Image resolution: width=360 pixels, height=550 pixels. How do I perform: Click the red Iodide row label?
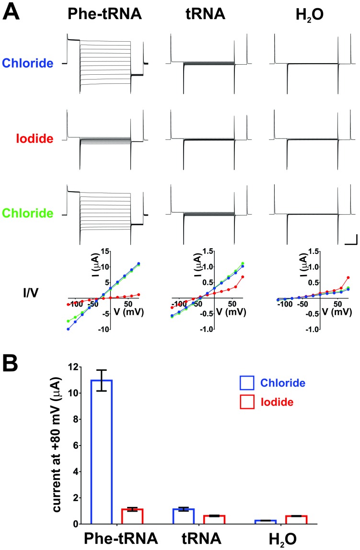click(34, 139)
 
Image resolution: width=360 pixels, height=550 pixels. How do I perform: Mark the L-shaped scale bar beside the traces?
click(350, 240)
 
